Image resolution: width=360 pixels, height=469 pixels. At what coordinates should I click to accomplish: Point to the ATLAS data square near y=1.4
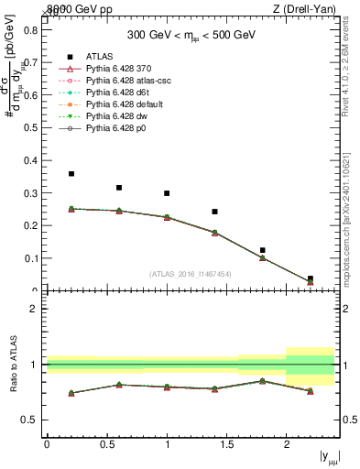pos(214,212)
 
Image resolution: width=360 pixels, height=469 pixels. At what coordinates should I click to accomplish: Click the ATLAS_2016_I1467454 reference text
pos(190,274)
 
